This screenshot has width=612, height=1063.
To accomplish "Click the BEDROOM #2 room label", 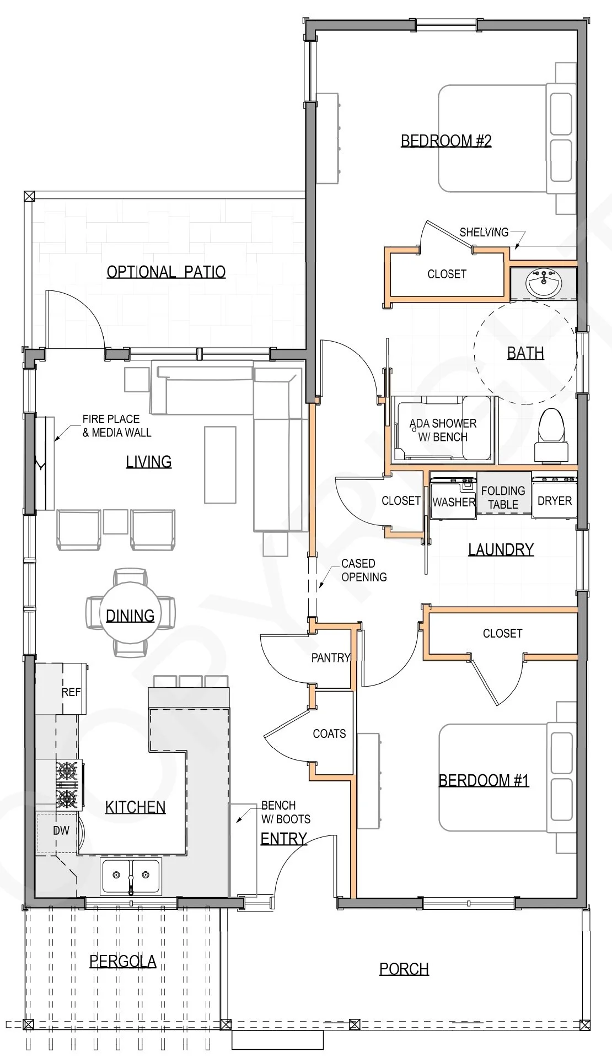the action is tap(445, 141).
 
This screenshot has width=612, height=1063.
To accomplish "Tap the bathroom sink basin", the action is tap(544, 283).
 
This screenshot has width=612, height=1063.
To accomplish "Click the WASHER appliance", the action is tap(453, 498).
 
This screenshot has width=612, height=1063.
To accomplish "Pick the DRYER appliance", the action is tap(555, 498).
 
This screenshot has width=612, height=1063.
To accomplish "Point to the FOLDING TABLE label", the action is tap(503, 498).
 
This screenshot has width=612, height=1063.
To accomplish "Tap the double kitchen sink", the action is tap(131, 876).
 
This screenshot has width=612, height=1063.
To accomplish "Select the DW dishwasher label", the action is tap(61, 830).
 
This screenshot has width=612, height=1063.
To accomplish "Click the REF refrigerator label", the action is tap(71, 692).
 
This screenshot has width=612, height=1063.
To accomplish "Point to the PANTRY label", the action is tap(331, 657).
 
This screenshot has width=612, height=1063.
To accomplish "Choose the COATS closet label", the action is tap(329, 733).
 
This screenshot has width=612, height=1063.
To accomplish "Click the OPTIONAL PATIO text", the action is tap(166, 272).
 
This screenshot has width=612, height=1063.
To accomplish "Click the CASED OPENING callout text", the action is tap(364, 570).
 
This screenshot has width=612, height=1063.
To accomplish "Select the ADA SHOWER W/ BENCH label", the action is tap(443, 430).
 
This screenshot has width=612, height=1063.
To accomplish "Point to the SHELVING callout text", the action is tap(484, 232).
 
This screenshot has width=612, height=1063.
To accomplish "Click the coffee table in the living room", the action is tap(220, 465).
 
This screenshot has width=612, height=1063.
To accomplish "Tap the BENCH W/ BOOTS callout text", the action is tap(286, 812).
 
